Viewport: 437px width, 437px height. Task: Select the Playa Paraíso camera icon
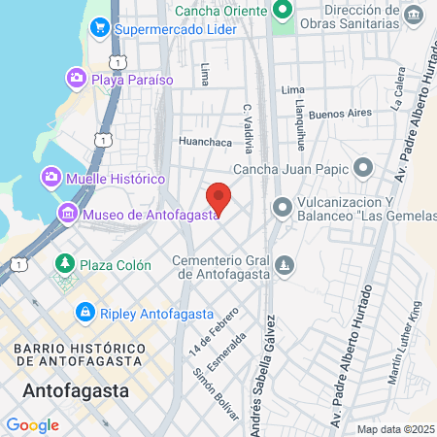point(77,78)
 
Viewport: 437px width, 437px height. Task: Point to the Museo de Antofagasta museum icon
point(68,214)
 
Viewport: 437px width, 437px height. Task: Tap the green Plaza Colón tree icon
point(65,263)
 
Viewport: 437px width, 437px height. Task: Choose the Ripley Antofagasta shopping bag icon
point(84,313)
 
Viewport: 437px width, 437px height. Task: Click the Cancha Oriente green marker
point(284,11)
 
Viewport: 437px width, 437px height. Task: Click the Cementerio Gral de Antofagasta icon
point(284,264)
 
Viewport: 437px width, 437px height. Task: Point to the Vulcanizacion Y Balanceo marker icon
point(283,207)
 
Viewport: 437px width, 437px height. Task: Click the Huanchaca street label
point(203,141)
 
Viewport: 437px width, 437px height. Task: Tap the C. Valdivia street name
point(249,129)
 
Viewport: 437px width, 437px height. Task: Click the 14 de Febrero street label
point(201,328)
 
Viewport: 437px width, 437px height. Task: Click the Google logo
point(32,424)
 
